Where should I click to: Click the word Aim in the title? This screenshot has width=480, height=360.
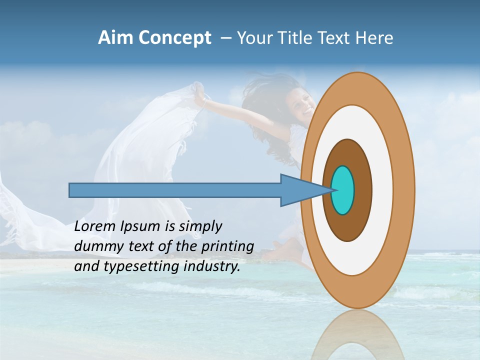(115, 38)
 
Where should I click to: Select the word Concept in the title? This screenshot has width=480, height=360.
(174, 38)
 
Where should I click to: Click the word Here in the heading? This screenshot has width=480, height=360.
(374, 38)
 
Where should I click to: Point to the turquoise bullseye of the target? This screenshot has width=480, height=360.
(342, 190)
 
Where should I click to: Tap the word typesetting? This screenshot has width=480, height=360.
(139, 266)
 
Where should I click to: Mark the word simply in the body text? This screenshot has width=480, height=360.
(200, 226)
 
